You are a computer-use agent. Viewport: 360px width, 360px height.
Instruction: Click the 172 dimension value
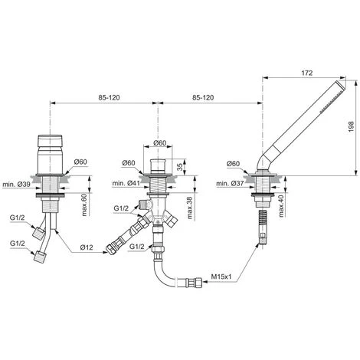click(x=307, y=73)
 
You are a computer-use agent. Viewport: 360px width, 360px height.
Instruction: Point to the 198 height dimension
click(x=351, y=126)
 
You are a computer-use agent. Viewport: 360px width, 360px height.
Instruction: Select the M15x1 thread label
click(x=221, y=277)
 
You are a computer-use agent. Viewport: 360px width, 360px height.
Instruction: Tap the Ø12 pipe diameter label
click(x=87, y=247)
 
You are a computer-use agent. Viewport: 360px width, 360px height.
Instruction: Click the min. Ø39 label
click(x=16, y=184)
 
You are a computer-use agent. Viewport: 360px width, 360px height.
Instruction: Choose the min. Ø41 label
click(x=126, y=183)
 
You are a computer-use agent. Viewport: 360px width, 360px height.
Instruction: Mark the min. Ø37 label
click(x=230, y=183)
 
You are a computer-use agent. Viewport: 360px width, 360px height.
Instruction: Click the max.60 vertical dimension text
click(x=84, y=205)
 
